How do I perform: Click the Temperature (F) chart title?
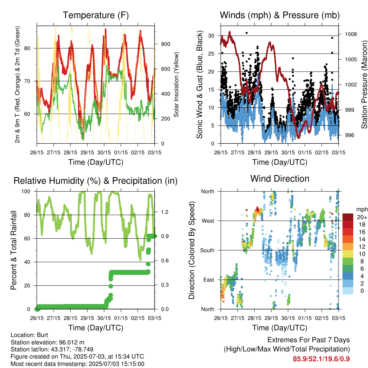click(96, 15)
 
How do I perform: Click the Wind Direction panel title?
click(280, 179)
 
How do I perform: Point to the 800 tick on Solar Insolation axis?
click(165, 44)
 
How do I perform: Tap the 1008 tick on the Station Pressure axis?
click(351, 34)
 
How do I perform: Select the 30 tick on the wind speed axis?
click(211, 36)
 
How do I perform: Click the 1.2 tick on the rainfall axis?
click(165, 212)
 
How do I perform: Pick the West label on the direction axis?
click(208, 221)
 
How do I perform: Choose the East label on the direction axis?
click(209, 280)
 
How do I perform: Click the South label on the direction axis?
click(207, 250)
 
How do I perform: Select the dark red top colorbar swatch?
click(348, 217)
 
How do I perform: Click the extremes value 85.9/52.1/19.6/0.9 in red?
click(321, 359)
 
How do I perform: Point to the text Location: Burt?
click(29, 335)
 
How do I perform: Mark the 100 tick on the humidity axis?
click(26, 192)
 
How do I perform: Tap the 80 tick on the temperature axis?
click(27, 49)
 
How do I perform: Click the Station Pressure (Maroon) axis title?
click(364, 84)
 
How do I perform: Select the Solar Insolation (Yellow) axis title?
click(176, 84)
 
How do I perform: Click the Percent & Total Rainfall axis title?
click(14, 250)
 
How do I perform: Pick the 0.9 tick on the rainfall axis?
click(165, 236)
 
